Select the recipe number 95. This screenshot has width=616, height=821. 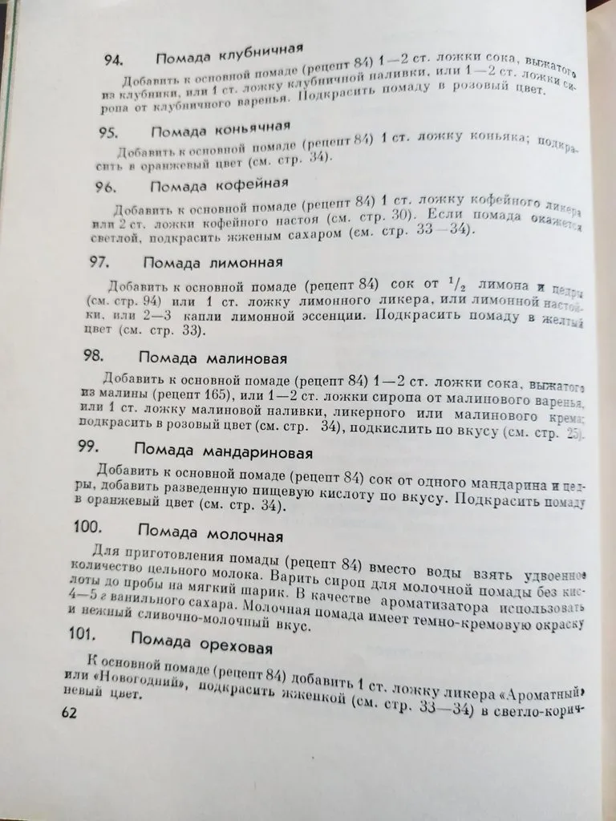110,133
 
